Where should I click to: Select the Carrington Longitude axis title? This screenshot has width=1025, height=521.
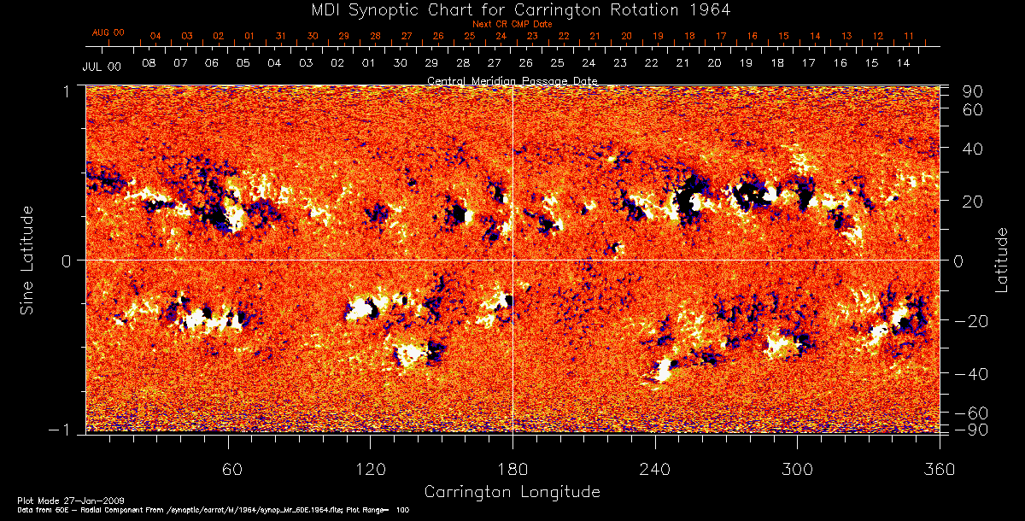coord(512,492)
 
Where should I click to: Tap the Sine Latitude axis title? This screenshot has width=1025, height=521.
coord(28,260)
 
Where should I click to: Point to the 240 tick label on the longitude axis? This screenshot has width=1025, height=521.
coord(654,470)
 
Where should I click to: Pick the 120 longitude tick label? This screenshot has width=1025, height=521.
coord(370,470)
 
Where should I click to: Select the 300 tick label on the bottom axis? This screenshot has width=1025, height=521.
coord(796,470)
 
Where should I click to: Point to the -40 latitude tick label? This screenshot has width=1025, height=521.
coord(973,374)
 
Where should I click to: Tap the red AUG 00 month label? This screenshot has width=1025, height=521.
coord(108,32)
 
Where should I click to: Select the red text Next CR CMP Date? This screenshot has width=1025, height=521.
coord(512,24)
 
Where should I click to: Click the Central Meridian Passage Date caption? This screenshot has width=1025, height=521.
coord(512,80)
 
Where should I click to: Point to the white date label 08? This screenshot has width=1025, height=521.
coord(149,64)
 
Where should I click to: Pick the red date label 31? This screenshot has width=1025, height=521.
coord(281,37)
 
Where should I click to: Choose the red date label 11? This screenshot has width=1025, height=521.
coord(909,37)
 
